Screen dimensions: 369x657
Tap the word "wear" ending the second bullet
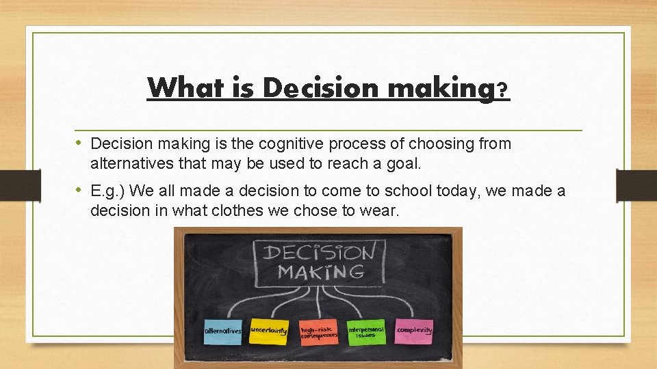click(x=381, y=210)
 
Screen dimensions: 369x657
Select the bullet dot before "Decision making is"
click(x=79, y=143)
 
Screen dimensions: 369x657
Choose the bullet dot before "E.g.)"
click(x=79, y=190)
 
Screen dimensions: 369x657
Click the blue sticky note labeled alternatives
click(x=223, y=331)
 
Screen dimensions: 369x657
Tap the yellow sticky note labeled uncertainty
click(x=269, y=330)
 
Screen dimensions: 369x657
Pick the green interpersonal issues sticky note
click(x=366, y=331)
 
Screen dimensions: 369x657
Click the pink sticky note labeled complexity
click(x=414, y=330)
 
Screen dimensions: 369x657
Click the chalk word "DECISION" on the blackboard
click(x=319, y=251)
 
